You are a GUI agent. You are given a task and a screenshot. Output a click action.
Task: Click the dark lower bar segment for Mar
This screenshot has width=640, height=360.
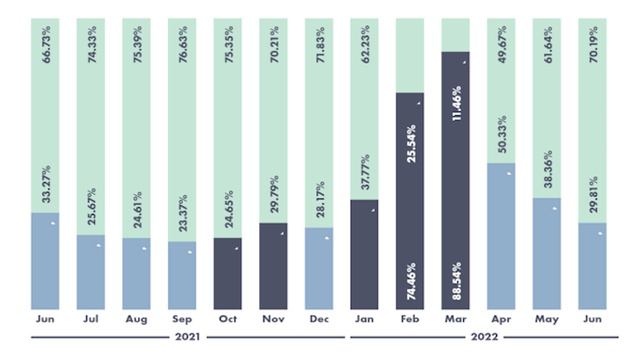pyautogui.click(x=455, y=180)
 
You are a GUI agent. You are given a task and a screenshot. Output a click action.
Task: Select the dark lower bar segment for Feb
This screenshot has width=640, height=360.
pyautogui.click(x=410, y=200)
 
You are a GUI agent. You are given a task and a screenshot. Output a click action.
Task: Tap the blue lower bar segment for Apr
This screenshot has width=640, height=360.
pyautogui.click(x=501, y=236)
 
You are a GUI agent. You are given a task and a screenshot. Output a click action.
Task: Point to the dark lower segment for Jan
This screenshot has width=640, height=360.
pyautogui.click(x=364, y=254)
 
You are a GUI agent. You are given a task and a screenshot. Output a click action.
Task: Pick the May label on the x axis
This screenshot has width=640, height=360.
pyautogui.click(x=546, y=321)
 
